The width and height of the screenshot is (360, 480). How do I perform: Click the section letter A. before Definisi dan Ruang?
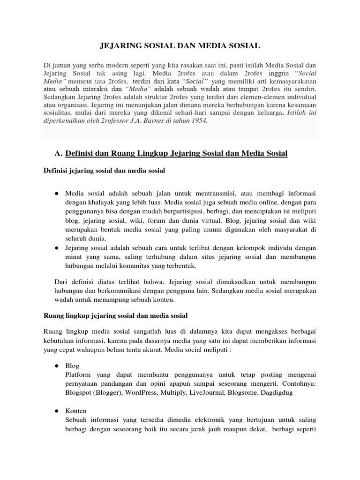point(59,153)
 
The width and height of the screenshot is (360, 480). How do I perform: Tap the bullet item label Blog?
point(73,366)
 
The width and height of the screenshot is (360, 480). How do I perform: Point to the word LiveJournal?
point(207,393)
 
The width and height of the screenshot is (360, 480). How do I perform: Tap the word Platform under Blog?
point(79,375)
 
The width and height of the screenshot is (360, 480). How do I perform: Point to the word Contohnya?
point(297,383)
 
